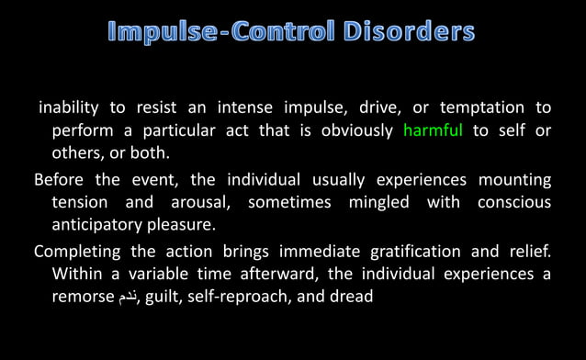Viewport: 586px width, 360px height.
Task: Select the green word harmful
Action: click(x=433, y=130)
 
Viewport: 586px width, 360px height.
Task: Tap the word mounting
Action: click(x=513, y=178)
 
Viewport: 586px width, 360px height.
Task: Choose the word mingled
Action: click(x=382, y=202)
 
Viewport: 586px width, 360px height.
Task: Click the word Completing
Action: click(x=77, y=250)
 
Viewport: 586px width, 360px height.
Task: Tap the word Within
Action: click(x=77, y=274)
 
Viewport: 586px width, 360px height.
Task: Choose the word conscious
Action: click(x=514, y=202)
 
